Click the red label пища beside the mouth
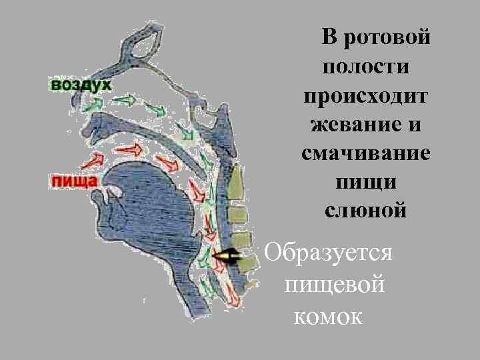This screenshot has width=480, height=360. pyautogui.click(x=73, y=180)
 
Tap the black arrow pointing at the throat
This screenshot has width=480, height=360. pyautogui.click(x=227, y=255)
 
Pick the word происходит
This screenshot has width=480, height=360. pyautogui.click(x=365, y=96)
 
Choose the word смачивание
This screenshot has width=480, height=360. pyautogui.click(x=365, y=153)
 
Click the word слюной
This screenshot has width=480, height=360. pyautogui.click(x=365, y=211)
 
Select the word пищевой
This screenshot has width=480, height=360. pyautogui.click(x=334, y=285)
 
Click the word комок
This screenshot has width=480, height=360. pyautogui.click(x=327, y=315)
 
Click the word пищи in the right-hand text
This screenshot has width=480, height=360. pyautogui.click(x=365, y=182)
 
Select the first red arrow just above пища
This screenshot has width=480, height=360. pyautogui.click(x=95, y=159)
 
